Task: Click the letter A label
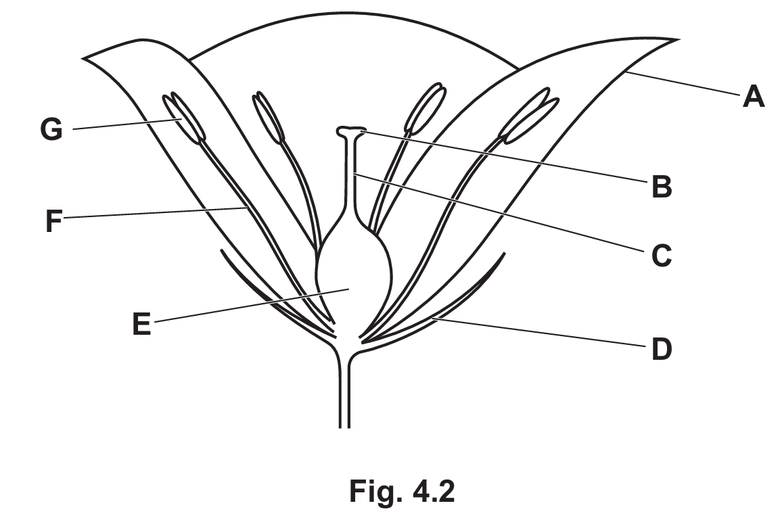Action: tap(753, 96)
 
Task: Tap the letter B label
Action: tap(662, 187)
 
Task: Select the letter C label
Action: tap(662, 255)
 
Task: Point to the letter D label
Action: tap(662, 349)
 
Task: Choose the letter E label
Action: tap(141, 324)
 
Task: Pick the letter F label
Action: tap(53, 221)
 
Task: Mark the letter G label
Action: tap(51, 130)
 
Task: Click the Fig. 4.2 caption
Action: tap(402, 491)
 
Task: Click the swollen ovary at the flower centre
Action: tap(354, 279)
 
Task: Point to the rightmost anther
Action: tap(528, 116)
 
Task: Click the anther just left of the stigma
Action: tap(268, 118)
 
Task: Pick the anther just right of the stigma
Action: tap(425, 108)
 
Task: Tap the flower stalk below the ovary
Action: tap(344, 389)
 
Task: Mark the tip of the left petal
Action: tap(83, 58)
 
